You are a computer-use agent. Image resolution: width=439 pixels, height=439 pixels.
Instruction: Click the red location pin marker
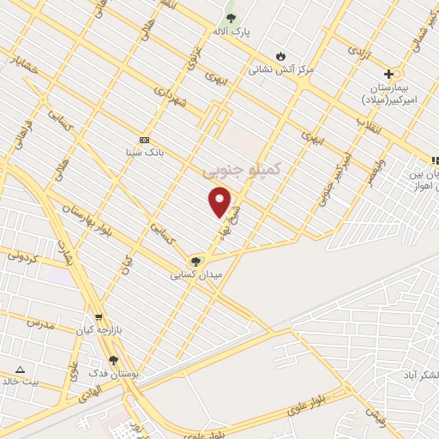(220, 202)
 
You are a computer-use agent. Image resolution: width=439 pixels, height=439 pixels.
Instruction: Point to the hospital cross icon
(389, 74)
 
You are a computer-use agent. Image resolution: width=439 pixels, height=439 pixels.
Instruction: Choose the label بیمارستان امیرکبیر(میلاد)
(394, 93)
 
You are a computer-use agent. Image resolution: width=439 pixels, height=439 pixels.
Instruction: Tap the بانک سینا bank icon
(143, 141)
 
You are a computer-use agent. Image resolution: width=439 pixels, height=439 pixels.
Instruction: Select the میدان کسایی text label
(196, 275)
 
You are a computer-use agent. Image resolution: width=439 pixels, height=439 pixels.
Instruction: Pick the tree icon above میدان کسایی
(196, 262)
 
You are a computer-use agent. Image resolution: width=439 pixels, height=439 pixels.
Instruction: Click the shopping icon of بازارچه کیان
(99, 317)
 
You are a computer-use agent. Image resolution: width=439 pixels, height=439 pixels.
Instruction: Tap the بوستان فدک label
(112, 374)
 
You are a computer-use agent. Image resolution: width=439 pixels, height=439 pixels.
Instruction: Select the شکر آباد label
(420, 376)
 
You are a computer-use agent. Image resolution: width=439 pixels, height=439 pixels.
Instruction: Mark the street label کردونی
(23, 255)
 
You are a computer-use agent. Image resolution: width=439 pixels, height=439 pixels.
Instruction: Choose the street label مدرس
(40, 324)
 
